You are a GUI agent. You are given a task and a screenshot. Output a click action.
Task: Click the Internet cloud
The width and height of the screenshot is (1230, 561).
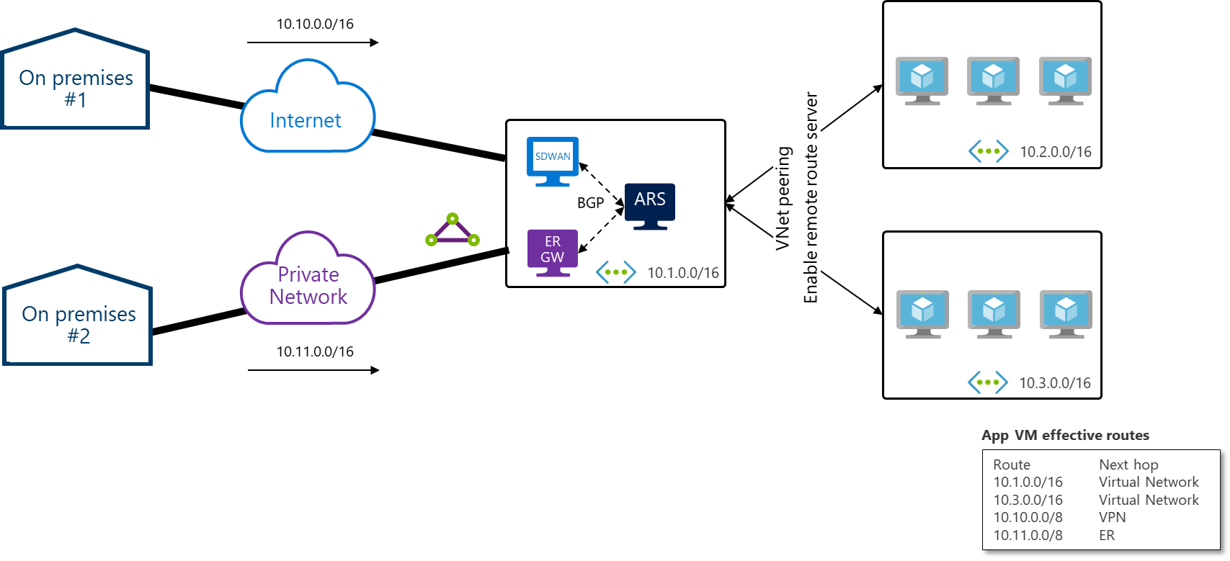pos(308,108)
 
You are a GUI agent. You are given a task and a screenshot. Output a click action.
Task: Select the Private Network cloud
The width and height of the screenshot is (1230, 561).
pos(308,281)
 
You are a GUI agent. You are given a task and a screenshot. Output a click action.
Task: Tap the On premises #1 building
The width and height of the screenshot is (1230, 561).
pos(76,81)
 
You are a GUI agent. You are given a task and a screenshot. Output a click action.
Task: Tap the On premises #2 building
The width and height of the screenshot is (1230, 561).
pos(78,317)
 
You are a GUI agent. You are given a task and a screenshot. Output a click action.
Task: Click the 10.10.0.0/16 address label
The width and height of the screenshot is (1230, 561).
pos(315,24)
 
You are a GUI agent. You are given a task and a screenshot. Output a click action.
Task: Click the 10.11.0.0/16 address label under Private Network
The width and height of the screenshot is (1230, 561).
pos(315,351)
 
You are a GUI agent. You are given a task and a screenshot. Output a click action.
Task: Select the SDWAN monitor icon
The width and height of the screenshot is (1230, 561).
pos(553,160)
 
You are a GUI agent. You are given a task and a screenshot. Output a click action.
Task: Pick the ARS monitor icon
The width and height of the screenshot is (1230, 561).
pos(650,205)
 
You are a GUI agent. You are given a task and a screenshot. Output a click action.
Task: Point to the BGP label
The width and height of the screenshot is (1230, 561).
pos(590,203)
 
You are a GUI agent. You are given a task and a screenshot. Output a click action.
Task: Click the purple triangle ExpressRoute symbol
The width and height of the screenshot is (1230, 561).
pos(453,230)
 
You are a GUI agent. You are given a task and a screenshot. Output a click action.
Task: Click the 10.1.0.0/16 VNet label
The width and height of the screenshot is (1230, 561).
pos(682,273)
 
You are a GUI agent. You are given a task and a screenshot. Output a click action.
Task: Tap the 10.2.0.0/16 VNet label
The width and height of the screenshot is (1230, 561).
pos(1055,152)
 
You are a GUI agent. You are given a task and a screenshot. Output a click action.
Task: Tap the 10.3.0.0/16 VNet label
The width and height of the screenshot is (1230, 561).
pos(1054,383)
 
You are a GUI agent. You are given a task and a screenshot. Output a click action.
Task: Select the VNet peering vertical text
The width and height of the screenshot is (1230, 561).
pos(783,198)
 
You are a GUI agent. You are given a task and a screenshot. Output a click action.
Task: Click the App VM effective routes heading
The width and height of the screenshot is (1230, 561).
pos(1065,435)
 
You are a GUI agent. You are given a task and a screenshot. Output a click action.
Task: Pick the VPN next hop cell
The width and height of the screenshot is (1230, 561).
pos(1112,517)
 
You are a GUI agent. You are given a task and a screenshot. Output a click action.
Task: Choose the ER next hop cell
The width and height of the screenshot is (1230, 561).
pos(1107,535)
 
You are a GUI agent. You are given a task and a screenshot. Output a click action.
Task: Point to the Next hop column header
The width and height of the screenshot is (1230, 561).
pos(1128,464)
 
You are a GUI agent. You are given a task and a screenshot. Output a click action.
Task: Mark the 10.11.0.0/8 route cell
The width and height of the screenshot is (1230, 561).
pos(1028,535)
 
